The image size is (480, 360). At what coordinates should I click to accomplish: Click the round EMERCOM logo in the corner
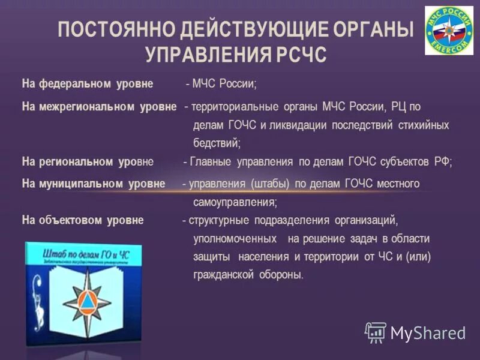pyautogui.click(x=449, y=30)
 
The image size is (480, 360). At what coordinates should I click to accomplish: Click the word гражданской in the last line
pyautogui.click(x=221, y=275)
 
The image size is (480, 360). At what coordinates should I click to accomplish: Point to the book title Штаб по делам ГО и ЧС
pyautogui.click(x=86, y=256)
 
